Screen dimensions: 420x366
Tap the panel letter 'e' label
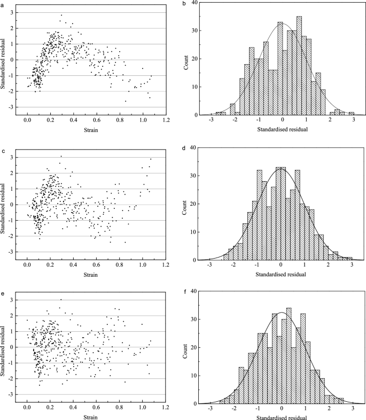coord(3,293)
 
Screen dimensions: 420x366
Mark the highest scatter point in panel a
coord(61,15)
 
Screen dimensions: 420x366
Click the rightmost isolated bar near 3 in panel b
coord(352,113)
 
